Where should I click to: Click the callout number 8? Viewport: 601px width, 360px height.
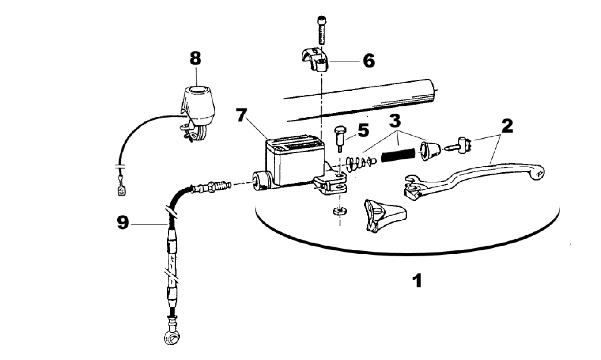(x=195, y=58)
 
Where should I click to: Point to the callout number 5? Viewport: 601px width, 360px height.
(x=363, y=131)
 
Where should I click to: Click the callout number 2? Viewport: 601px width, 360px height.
(x=506, y=126)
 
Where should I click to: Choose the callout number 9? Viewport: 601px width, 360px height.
(x=122, y=223)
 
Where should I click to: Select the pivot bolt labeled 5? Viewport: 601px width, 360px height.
(x=340, y=136)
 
